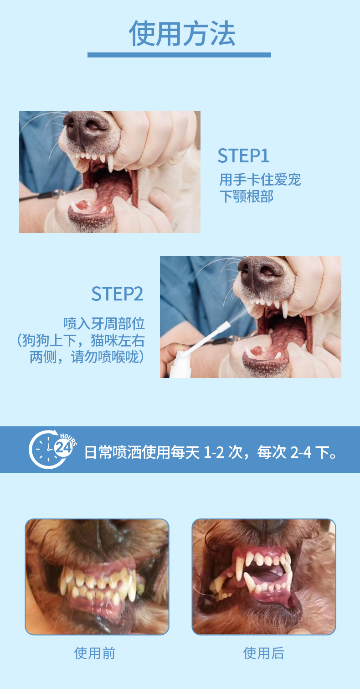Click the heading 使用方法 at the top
coord(182,33)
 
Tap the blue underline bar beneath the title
coord(179,55)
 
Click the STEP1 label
coord(243,155)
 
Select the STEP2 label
coord(117,294)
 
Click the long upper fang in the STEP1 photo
coord(111,163)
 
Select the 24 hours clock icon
coord(52,449)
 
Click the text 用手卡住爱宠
coord(260,180)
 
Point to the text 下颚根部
coord(247,197)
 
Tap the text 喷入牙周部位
coord(104,323)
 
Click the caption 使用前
coord(95,653)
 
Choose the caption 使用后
coord(264,653)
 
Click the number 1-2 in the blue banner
coord(214,452)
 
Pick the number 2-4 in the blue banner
coord(301,452)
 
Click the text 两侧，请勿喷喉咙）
coord(87,357)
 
